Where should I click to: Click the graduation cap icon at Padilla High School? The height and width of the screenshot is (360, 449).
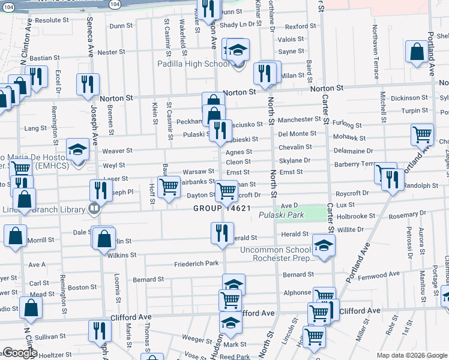point(238,50)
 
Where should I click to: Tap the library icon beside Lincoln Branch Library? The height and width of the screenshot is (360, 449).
point(93,209)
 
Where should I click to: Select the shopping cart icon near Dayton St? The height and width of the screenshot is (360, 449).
point(226,191)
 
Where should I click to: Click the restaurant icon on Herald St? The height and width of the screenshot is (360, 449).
point(221,233)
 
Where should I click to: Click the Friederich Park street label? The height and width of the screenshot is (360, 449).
point(196,263)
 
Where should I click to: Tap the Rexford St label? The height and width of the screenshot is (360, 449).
point(300,26)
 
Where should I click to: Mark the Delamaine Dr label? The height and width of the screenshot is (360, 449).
point(353,151)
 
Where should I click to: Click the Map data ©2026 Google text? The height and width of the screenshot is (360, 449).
point(412,355)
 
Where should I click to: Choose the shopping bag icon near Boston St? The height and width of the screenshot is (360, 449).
point(32,308)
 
